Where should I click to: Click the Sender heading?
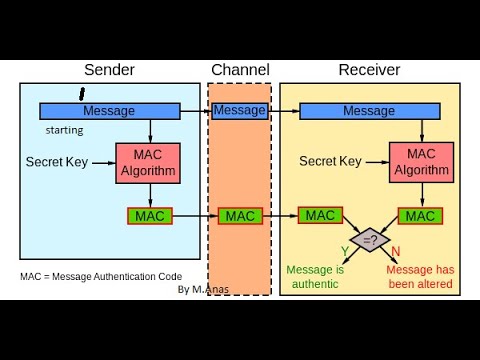(x=109, y=70)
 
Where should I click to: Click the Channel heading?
(x=239, y=70)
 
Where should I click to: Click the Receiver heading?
(x=369, y=70)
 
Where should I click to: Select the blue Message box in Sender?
(x=109, y=111)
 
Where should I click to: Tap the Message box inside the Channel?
(x=240, y=110)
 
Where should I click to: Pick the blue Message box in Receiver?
(x=369, y=111)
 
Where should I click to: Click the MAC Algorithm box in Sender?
(x=150, y=162)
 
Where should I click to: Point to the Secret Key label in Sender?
(x=57, y=161)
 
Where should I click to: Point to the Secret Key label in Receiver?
(x=331, y=161)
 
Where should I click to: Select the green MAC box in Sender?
(x=150, y=215)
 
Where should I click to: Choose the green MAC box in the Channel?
(x=240, y=215)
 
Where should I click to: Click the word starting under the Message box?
(x=64, y=130)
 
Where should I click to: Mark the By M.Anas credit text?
(x=204, y=289)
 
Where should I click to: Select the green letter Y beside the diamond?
(x=344, y=250)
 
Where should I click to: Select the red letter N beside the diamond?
(x=396, y=250)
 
